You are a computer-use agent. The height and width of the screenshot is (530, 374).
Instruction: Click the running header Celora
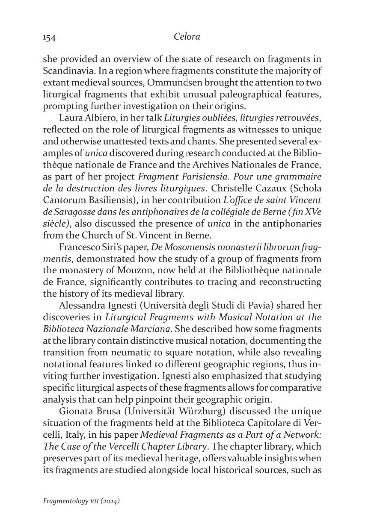pyautogui.click(x=187, y=37)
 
